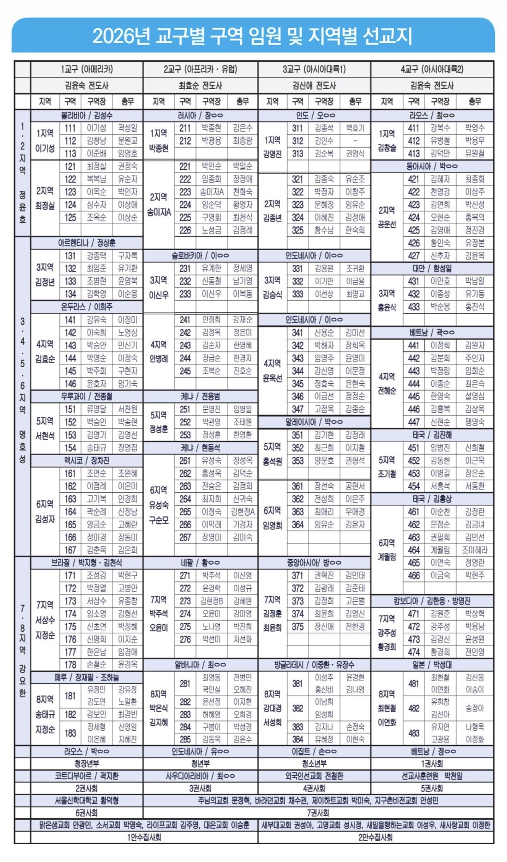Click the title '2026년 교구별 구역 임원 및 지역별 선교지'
(253, 36)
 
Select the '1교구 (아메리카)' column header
(86, 69)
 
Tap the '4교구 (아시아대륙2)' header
(432, 69)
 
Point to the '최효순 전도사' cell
(200, 85)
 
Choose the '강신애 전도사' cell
(314, 85)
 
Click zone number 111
(70, 128)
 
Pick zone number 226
(185, 231)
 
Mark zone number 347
(298, 409)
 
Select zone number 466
(414, 576)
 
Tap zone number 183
(70, 733)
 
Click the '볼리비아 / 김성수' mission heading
(86, 115)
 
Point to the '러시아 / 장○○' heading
(200, 115)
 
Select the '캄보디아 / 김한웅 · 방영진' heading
(432, 601)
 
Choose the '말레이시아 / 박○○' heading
(314, 422)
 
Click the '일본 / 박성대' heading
(432, 665)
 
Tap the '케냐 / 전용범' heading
(200, 396)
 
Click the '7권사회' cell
(318, 812)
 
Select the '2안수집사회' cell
(375, 837)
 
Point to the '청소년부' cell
(314, 763)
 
